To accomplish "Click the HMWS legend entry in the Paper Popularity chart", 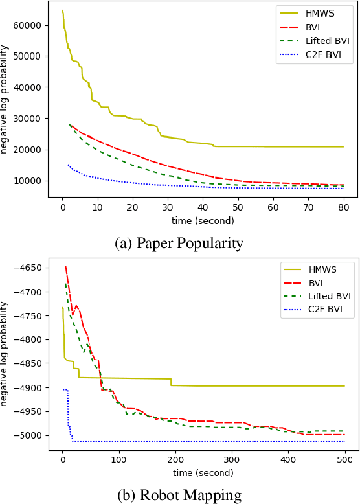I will pyautogui.click(x=314, y=12).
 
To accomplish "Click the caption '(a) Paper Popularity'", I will pyautogui.click(x=179, y=243).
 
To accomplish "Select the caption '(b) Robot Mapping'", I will pyautogui.click(x=179, y=495).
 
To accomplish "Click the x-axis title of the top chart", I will pyautogui.click(x=203, y=221).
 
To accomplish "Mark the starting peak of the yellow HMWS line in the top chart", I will pyautogui.click(x=62, y=10).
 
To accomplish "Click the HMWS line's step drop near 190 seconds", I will pyautogui.click(x=171, y=382).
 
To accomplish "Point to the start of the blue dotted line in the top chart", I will pyautogui.click(x=68, y=165).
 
